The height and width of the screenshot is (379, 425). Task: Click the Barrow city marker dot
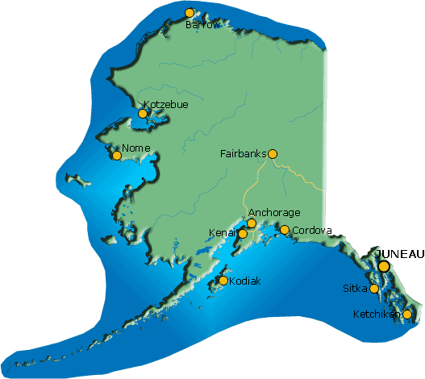click(190, 13)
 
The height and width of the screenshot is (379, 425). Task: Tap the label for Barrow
click(202, 25)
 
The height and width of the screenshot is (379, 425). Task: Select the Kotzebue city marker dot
click(143, 114)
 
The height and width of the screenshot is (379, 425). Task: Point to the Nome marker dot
click(117, 156)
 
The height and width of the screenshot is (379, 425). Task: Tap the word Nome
click(136, 149)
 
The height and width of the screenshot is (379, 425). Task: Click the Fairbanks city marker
click(273, 153)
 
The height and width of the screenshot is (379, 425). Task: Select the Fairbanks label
click(243, 153)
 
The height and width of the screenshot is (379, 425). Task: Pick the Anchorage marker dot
click(252, 223)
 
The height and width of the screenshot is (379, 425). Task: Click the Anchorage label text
click(273, 213)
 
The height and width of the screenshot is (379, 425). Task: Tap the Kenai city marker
click(243, 234)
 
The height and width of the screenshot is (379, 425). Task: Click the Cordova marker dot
click(285, 230)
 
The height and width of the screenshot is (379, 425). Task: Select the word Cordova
click(312, 230)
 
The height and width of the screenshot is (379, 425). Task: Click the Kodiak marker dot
click(223, 281)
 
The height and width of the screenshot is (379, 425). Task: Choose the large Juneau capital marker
click(384, 266)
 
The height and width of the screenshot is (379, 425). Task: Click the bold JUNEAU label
click(400, 253)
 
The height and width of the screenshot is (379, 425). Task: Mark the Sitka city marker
click(374, 289)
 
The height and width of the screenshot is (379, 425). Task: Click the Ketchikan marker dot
click(407, 314)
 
